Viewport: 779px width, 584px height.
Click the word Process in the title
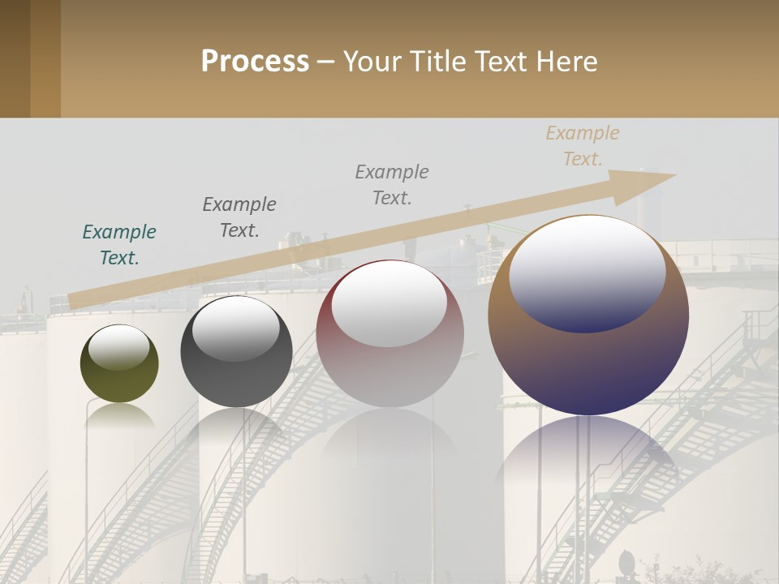tap(255, 62)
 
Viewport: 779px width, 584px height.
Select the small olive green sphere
tap(119, 364)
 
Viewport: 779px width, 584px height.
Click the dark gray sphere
tap(236, 352)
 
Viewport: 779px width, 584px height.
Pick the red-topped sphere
tap(390, 333)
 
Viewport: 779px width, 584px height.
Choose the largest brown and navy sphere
tap(588, 316)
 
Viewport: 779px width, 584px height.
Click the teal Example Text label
tap(119, 245)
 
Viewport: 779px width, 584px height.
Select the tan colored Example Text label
tap(583, 146)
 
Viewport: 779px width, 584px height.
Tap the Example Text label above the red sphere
tap(392, 184)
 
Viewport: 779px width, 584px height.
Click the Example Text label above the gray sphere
tap(239, 217)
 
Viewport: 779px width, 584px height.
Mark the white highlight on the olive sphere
tap(119, 347)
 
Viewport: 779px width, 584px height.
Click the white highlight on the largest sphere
tap(587, 272)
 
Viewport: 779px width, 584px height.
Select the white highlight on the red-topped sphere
tap(389, 303)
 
